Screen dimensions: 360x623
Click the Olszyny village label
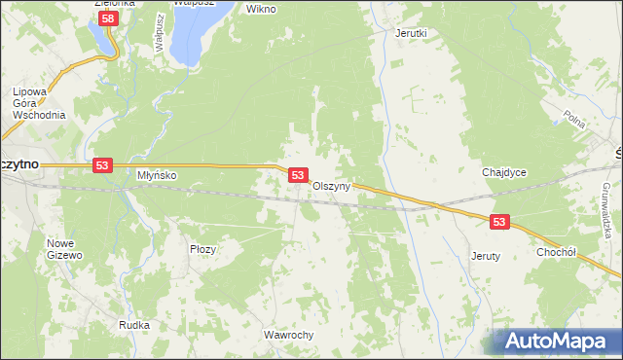tap(331, 186)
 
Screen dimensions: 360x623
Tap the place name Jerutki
tap(411, 32)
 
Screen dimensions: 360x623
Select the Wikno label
tap(261, 9)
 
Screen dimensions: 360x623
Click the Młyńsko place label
tap(156, 175)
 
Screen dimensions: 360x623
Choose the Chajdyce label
tap(504, 172)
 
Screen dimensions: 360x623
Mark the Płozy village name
tap(202, 249)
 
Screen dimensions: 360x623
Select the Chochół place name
tap(557, 250)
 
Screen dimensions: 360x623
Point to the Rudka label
tap(133, 325)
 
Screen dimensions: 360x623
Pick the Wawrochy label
tap(288, 335)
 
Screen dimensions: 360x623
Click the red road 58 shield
tap(110, 18)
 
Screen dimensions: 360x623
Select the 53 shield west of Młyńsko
tap(102, 166)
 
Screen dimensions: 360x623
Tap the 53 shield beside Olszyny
tap(299, 175)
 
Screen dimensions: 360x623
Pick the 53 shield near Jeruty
tap(499, 223)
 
